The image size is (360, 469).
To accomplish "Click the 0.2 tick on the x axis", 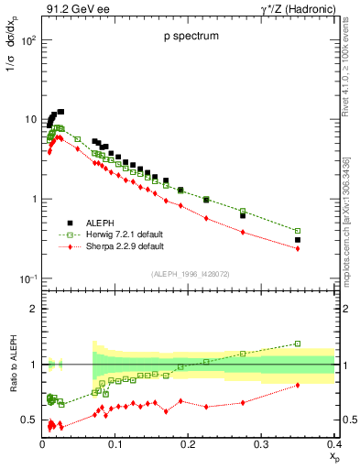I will click(x=189, y=443).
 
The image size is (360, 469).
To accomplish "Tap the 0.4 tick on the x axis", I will click(x=333, y=443).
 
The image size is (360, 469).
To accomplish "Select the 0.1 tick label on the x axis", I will click(x=115, y=443).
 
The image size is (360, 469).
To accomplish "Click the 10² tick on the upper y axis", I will click(x=29, y=41).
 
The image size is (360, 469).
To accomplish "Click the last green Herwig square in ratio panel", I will click(x=298, y=344).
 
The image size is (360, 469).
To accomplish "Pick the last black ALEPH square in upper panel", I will click(x=298, y=239).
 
